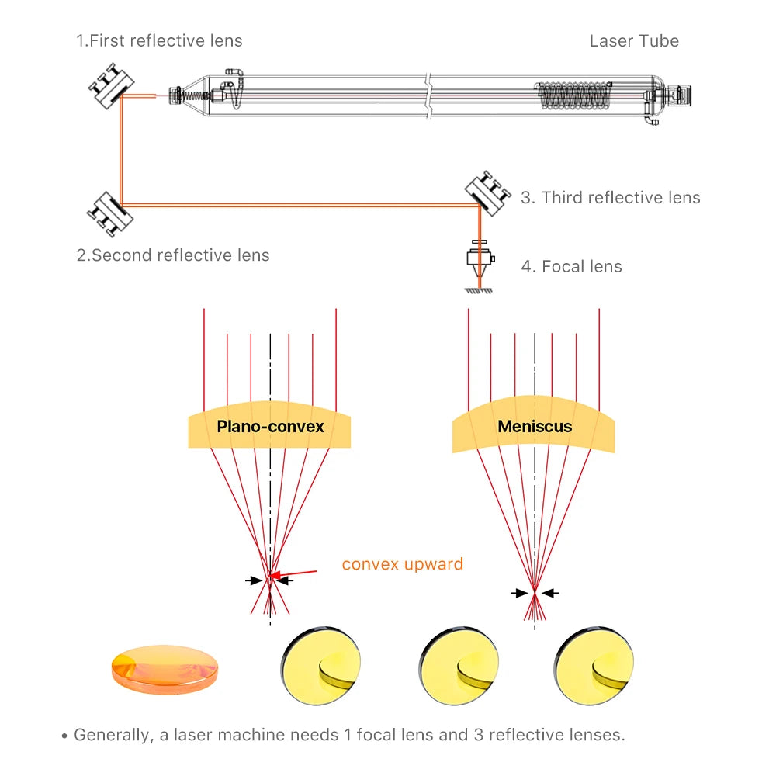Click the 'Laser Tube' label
634,41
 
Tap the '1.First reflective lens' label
159,41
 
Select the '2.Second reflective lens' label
173,255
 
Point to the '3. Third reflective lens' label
610,198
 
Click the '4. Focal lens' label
571,267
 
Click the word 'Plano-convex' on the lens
270,427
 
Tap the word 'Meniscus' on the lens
535,427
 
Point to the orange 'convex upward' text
402,564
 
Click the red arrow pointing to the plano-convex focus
298,575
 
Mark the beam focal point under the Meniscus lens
535,594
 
